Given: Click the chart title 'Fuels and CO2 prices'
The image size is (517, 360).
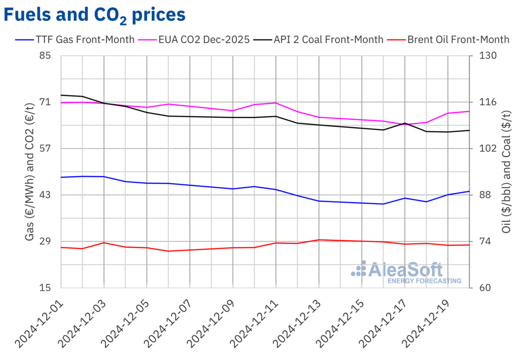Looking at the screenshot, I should pos(94,15).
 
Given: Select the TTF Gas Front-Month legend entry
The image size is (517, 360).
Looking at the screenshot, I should pos(76,39).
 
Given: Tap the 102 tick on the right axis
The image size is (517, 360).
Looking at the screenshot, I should pos(483,148).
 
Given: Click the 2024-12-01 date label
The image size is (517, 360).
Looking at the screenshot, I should pos(38,323).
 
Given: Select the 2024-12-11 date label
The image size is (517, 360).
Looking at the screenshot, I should pos(253,323).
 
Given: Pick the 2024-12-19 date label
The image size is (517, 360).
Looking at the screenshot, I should pos(426,323).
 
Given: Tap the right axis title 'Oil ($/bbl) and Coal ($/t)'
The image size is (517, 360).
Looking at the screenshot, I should pos(505,172).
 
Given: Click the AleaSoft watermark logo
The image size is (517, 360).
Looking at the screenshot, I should pos(406,271).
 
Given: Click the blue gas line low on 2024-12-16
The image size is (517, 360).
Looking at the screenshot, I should pos(384,204).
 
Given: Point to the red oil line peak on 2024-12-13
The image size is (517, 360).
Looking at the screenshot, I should pos(319,240).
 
